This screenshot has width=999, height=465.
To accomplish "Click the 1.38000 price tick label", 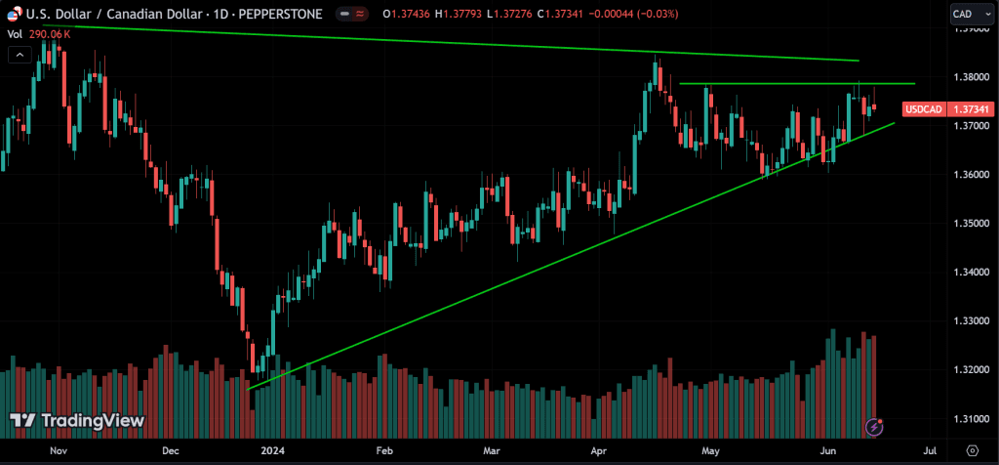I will pos(971,76).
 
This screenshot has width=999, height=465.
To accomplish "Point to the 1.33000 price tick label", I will pos(971,320).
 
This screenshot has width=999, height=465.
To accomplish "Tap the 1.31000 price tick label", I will pos(971,419).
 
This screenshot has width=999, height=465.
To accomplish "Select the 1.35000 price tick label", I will pos(971,223).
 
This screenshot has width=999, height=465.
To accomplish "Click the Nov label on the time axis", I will pos(58,450).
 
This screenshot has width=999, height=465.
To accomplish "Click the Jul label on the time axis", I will pos(930,450).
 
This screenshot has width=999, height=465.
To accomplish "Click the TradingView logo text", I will pos(91,421).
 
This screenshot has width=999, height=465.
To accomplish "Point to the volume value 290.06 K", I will pos(50,33).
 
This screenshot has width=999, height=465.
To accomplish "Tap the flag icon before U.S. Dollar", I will pos(14,14).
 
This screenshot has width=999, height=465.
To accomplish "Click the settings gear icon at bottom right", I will pos(972,450).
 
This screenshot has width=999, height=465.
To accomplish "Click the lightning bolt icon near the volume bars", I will pos(875,426).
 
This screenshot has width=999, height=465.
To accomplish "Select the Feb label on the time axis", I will pos(383,450).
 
